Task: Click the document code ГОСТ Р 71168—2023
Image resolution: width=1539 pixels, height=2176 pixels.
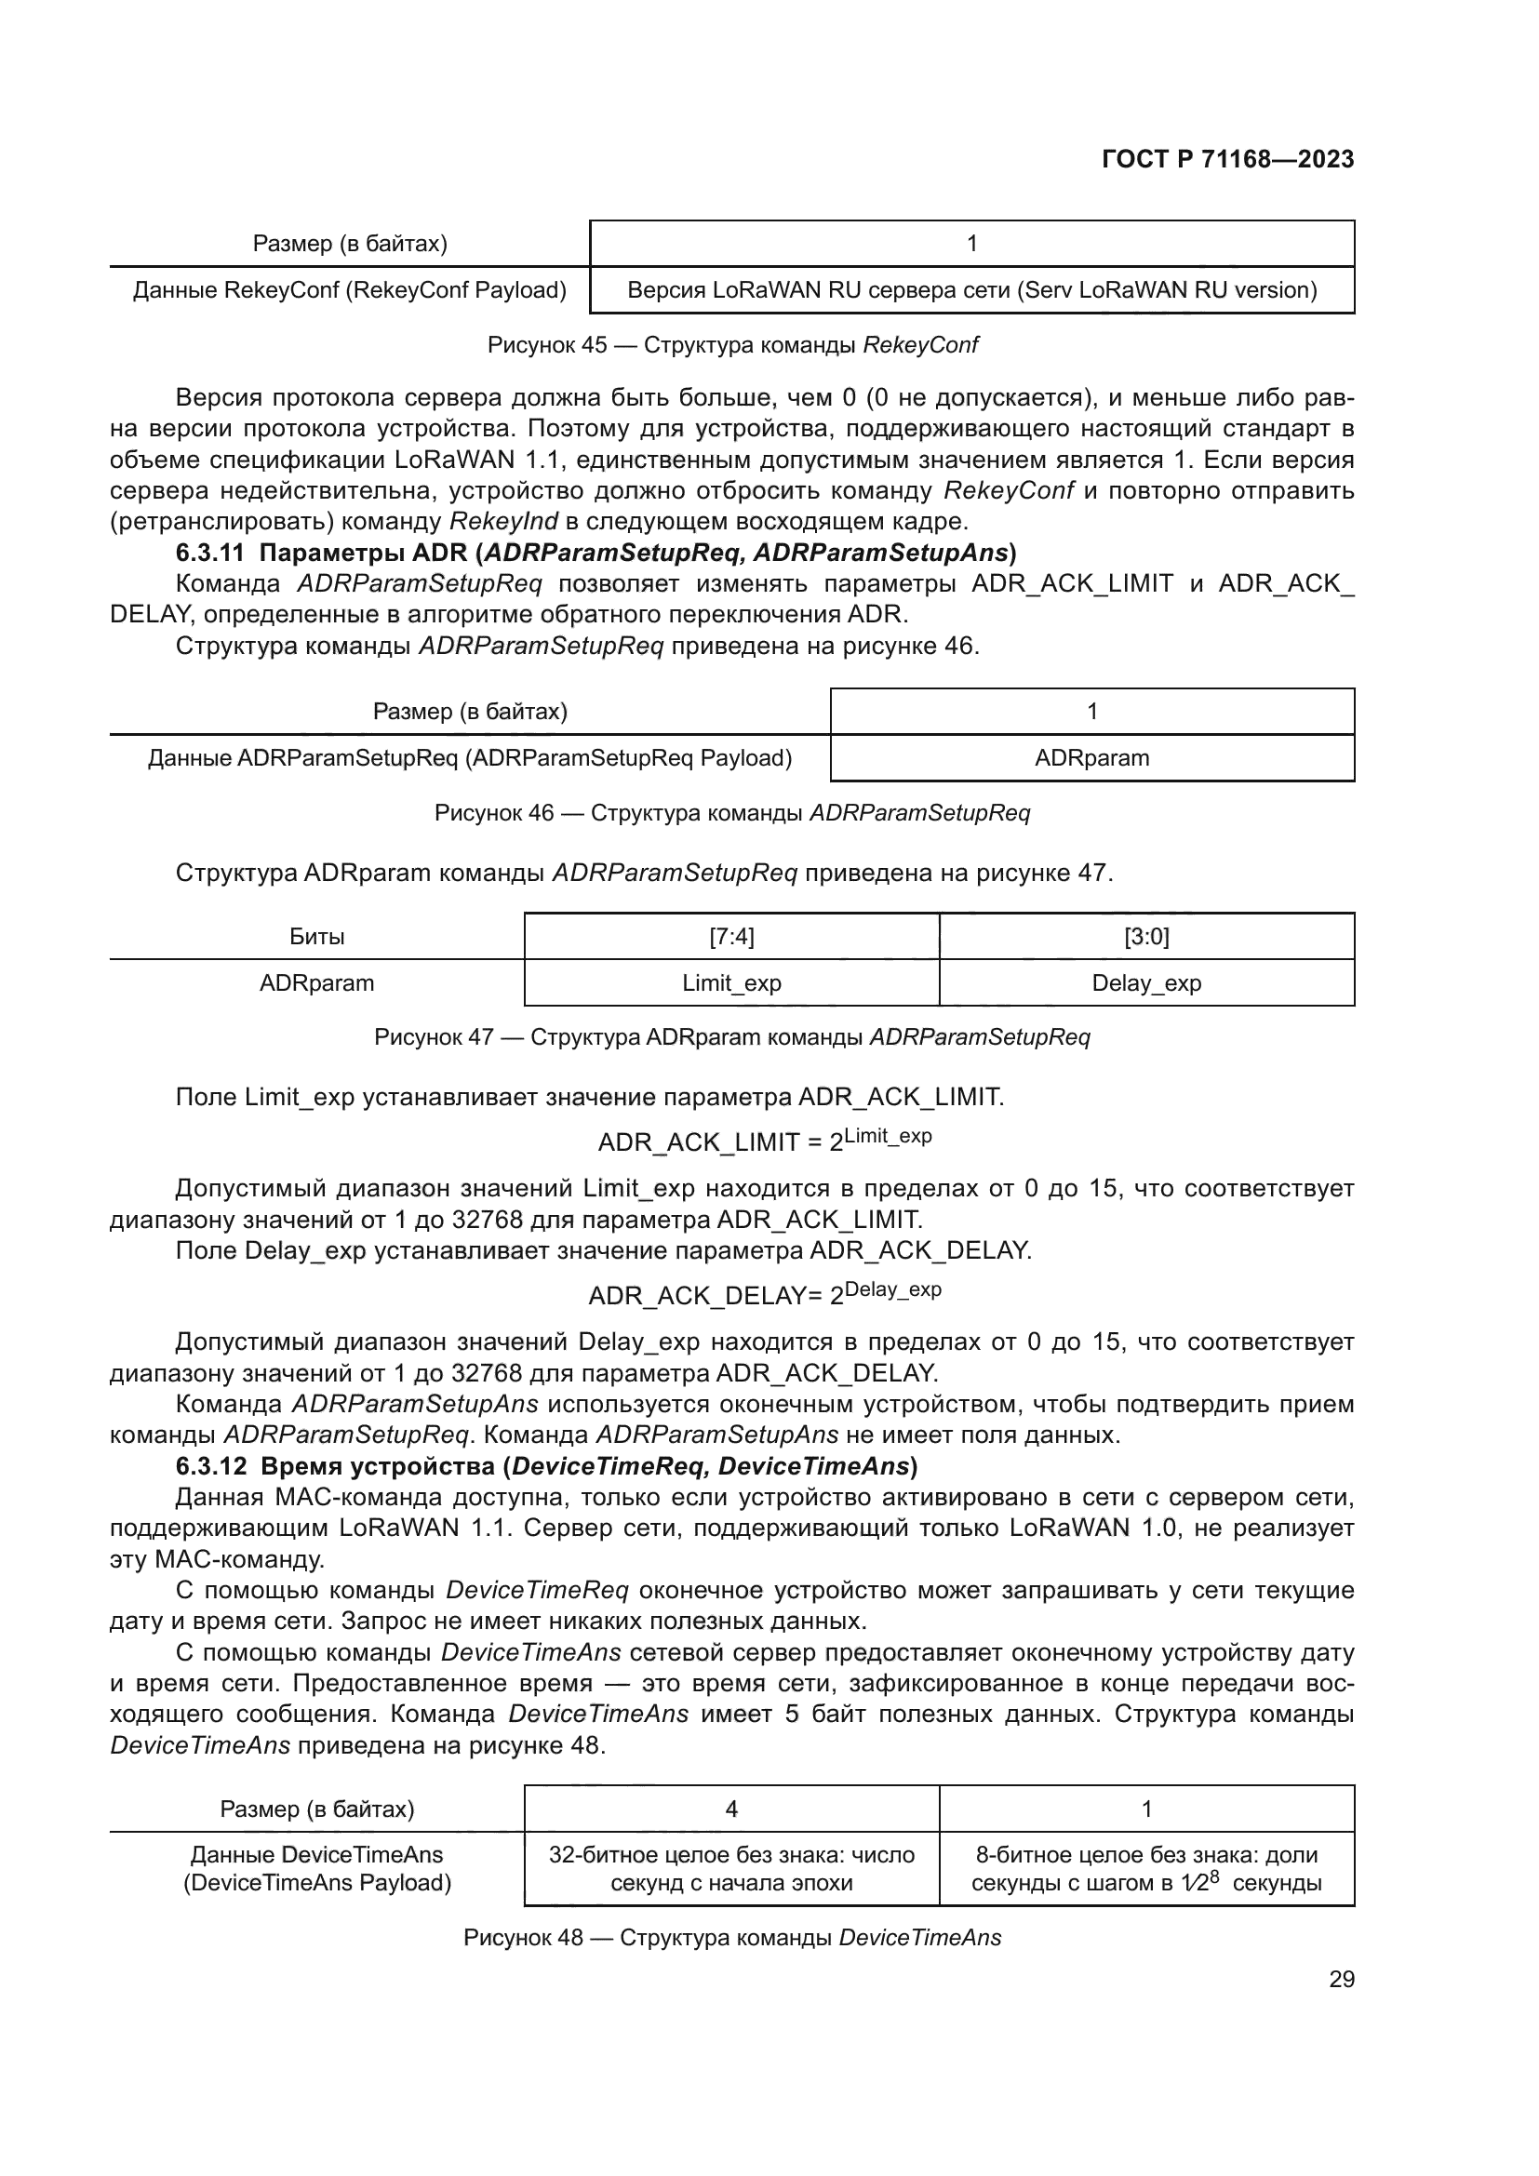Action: [1227, 159]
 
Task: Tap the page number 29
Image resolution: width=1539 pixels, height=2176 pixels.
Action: [1341, 1979]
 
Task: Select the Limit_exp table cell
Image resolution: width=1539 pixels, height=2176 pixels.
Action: [730, 982]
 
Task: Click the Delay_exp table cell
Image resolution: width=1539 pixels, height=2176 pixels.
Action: [1145, 982]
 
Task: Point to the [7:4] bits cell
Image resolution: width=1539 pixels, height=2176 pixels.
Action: [730, 937]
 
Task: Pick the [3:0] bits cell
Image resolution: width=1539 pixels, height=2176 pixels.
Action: [1145, 937]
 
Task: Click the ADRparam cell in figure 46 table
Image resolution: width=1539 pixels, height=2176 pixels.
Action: [1091, 758]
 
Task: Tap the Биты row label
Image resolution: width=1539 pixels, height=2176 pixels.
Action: [316, 937]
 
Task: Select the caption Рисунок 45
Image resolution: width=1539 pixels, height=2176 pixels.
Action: [731, 345]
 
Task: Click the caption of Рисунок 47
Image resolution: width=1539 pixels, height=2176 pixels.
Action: [731, 1036]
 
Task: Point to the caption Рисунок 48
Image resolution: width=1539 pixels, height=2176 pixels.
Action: [731, 1938]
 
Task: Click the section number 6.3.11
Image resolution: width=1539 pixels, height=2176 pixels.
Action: [210, 553]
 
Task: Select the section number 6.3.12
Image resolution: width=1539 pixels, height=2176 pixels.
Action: [210, 1466]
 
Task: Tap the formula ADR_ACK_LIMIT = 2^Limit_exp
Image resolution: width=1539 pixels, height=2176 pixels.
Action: [764, 1141]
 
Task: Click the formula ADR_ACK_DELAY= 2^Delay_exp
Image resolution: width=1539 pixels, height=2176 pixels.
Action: [764, 1294]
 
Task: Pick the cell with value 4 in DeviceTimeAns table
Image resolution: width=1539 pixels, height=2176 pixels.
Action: [730, 1809]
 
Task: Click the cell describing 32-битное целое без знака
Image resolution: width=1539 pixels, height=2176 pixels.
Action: [730, 1868]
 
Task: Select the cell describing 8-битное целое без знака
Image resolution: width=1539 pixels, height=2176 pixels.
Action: [1145, 1868]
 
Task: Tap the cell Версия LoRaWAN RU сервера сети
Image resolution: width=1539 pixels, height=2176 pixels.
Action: [971, 290]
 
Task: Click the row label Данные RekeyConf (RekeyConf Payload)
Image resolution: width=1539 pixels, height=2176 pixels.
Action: [349, 290]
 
